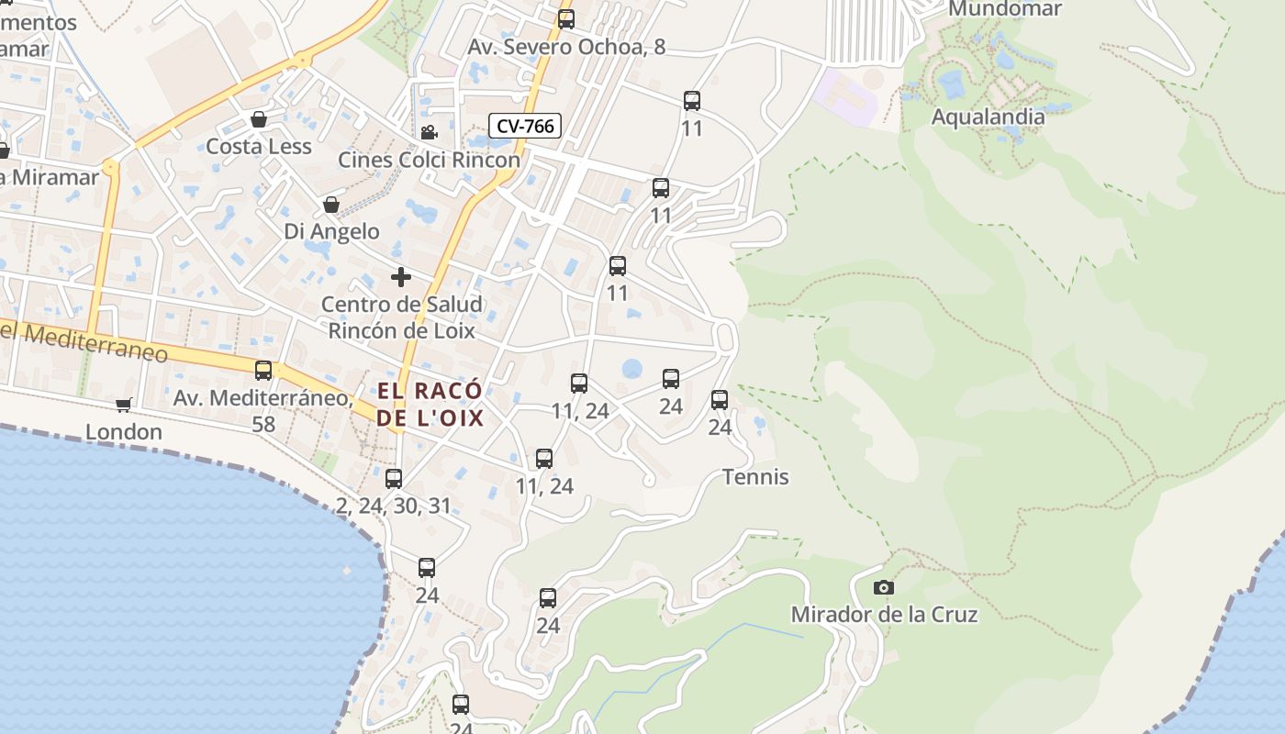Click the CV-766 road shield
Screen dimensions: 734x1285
[x=524, y=126]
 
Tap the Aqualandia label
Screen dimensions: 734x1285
[x=988, y=117]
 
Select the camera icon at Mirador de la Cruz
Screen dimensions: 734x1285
[x=884, y=587]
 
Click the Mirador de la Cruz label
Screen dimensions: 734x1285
[x=884, y=614]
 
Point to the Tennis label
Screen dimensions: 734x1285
[x=755, y=477]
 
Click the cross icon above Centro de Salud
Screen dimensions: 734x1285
[x=401, y=276]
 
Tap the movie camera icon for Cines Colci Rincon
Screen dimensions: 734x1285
[x=429, y=132]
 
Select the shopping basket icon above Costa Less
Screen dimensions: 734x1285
[x=259, y=119]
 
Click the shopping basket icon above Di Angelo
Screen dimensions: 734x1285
[x=331, y=205]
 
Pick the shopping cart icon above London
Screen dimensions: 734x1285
[x=124, y=405]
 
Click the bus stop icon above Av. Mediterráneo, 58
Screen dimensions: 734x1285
[x=263, y=371]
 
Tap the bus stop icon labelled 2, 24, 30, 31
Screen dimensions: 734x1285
[x=394, y=478]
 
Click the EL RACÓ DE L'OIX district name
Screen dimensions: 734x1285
[x=430, y=405]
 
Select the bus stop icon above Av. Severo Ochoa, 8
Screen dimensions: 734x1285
[x=566, y=19]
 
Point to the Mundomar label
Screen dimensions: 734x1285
[x=1004, y=9]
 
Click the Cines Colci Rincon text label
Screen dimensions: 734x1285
[x=429, y=160]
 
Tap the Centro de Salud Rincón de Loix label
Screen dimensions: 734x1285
[x=402, y=317]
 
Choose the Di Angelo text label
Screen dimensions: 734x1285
[x=331, y=231]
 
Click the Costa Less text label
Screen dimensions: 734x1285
[x=259, y=147]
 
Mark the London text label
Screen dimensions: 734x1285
[x=124, y=431]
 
